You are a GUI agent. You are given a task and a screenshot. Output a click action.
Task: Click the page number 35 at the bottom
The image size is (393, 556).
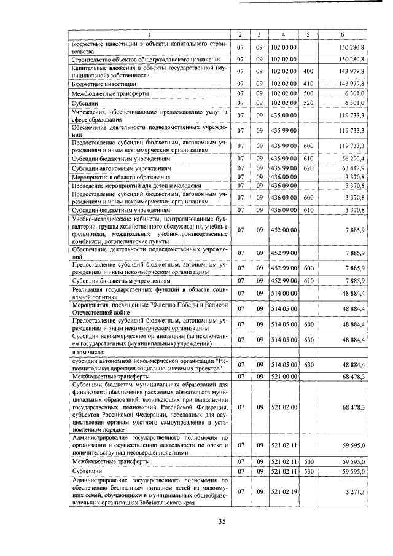[222, 522]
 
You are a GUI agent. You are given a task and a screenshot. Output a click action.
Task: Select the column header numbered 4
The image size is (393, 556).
[283, 34]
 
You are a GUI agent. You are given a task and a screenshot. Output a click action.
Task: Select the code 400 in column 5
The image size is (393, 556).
[308, 71]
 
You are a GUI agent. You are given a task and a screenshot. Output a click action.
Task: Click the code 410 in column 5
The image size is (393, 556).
[308, 83]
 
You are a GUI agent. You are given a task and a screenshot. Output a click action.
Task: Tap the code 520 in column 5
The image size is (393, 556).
[308, 104]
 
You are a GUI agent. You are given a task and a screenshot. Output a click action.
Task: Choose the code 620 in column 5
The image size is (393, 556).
[308, 168]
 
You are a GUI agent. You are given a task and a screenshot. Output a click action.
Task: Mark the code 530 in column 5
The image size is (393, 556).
[308, 471]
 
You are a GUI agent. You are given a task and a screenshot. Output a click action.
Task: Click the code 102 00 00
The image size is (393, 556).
[284, 47]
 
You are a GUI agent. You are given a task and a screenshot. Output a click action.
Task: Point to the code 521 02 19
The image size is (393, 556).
[284, 492]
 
